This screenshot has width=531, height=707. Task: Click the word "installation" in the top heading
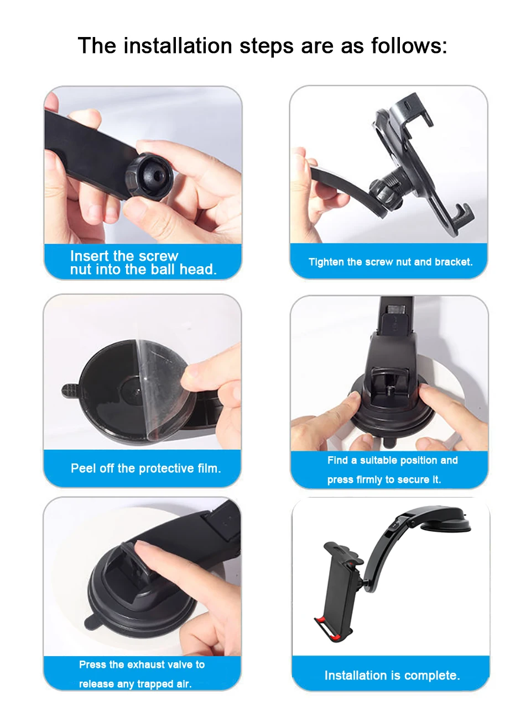(x=177, y=46)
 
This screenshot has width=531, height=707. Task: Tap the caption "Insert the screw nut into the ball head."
(x=143, y=263)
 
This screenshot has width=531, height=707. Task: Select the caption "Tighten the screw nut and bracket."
(x=391, y=262)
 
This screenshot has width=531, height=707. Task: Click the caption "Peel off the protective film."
(x=145, y=468)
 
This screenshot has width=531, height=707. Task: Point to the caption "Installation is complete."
(x=392, y=675)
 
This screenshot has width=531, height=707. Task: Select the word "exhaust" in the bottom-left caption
(x=143, y=664)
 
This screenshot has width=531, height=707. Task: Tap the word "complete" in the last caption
(x=434, y=675)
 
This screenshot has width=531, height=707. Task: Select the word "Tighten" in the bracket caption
(x=326, y=262)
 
